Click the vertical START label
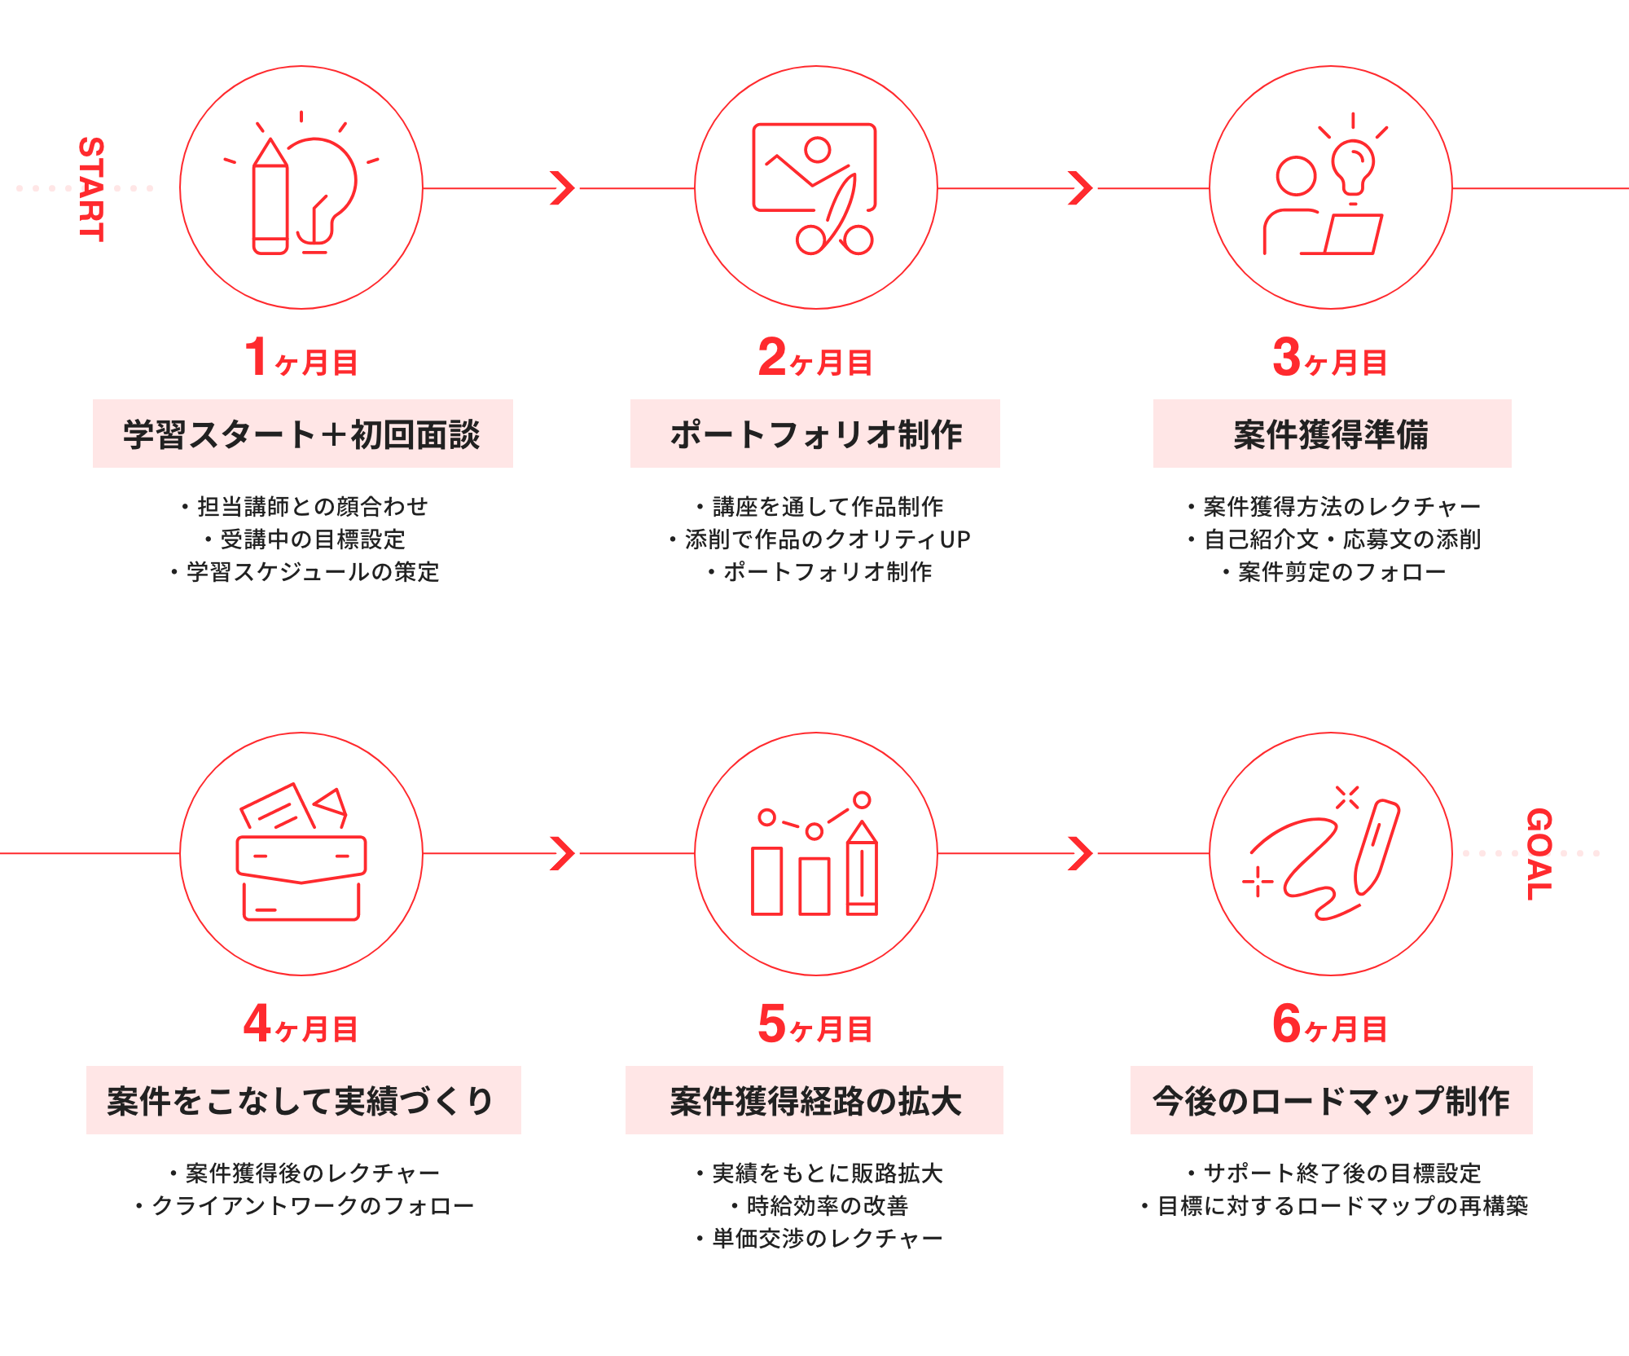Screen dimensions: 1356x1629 coord(91,189)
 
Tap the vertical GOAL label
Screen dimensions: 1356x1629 coord(1539,854)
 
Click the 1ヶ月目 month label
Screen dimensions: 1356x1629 coord(301,359)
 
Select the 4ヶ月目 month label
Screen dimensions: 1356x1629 coord(301,1025)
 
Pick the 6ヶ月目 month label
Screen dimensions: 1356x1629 coord(1330,1025)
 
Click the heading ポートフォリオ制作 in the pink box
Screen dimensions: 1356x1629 coord(815,434)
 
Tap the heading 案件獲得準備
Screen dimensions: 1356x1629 coord(1332,434)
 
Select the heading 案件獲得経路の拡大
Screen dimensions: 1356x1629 coord(815,1101)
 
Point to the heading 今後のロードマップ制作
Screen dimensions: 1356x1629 coord(1331,1101)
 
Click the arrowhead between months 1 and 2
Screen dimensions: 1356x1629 coord(563,188)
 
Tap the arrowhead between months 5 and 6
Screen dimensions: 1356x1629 coord(1080,853)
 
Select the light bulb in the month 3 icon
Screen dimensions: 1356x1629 coord(1353,163)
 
